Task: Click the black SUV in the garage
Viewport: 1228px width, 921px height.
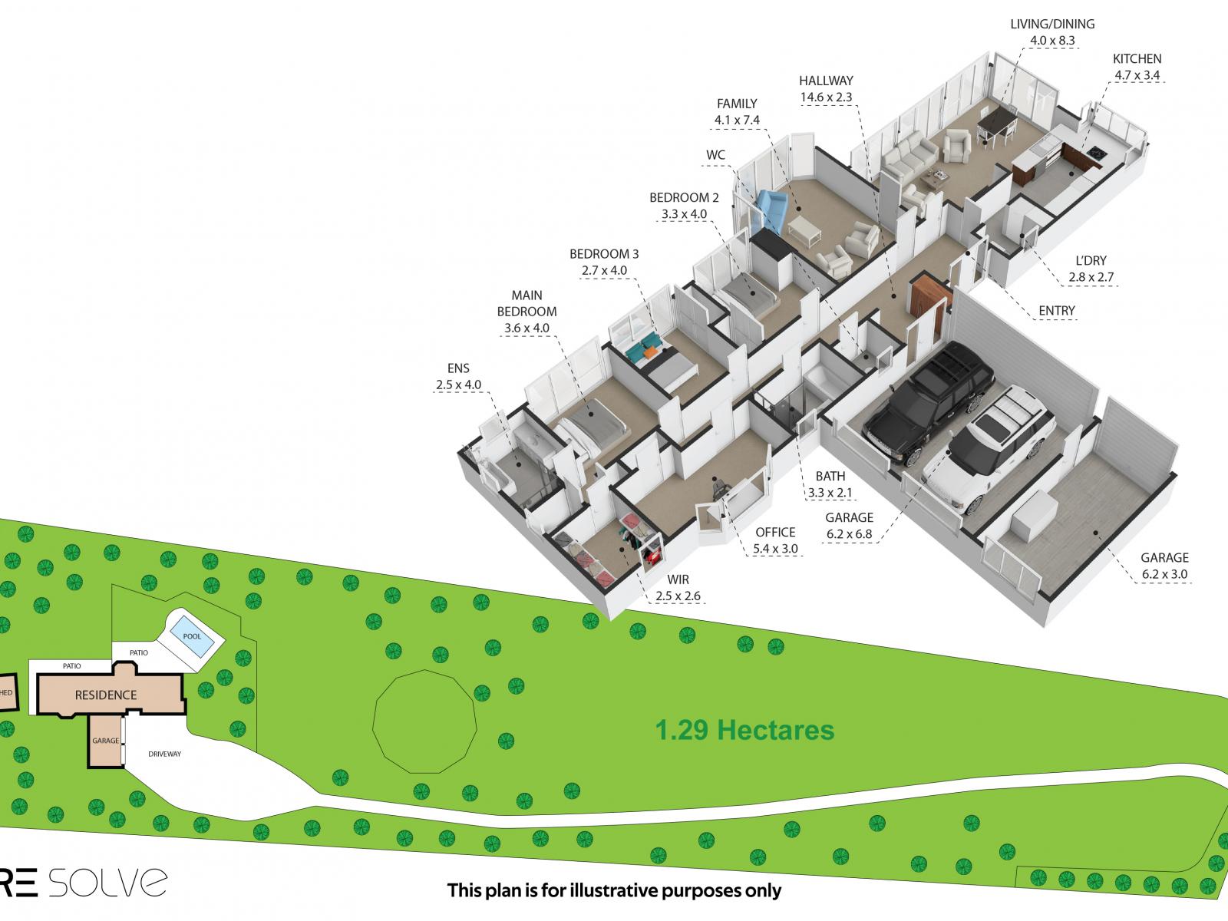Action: [929, 404]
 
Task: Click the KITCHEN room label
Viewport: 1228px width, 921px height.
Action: [1137, 59]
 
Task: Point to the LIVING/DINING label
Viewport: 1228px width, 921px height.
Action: [1052, 24]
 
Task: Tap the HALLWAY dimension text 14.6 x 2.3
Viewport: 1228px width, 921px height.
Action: [826, 97]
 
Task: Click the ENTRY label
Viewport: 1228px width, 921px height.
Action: [1057, 310]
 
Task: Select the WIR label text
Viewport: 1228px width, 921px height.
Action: [678, 579]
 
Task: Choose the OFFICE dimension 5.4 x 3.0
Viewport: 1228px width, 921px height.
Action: [775, 549]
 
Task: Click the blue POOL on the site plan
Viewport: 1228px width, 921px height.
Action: [192, 636]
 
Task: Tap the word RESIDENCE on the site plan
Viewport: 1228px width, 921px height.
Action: [106, 695]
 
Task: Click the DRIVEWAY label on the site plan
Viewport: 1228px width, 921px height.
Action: [164, 754]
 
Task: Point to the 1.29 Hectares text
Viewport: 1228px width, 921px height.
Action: [744, 731]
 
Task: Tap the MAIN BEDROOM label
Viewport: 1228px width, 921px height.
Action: [527, 303]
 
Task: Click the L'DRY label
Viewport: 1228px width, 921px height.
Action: [1091, 261]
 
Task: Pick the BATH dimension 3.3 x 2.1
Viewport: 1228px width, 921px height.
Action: [830, 493]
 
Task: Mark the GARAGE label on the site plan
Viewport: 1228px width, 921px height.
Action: [106, 741]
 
